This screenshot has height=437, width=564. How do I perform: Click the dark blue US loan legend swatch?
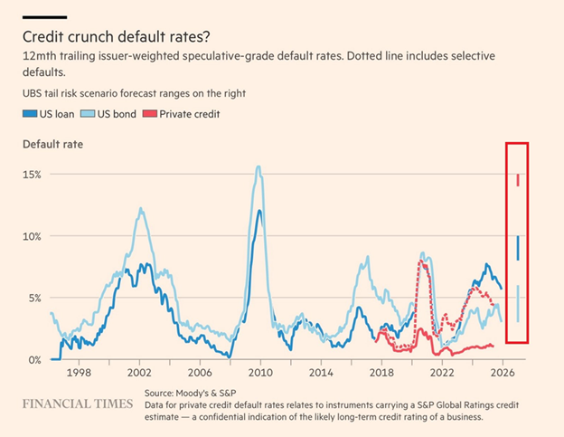(x=27, y=114)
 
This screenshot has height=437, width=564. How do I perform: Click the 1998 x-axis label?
(x=78, y=373)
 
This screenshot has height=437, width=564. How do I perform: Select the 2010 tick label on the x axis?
(x=261, y=373)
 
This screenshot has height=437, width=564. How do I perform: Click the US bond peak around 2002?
(x=141, y=209)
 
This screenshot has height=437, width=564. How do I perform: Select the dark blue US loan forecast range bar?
(x=518, y=248)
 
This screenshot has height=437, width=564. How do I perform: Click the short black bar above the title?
(x=44, y=17)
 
